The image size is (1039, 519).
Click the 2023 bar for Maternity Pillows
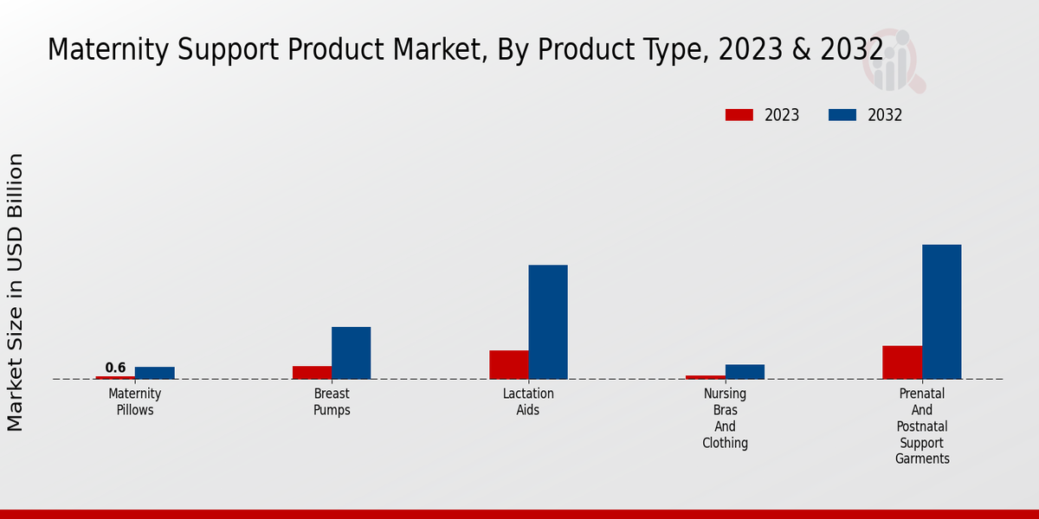(x=115, y=377)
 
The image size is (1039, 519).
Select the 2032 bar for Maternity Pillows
(x=154, y=373)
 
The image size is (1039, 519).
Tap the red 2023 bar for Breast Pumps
(x=312, y=372)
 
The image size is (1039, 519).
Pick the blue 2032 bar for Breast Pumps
(x=351, y=353)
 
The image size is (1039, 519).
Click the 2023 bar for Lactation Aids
(x=508, y=364)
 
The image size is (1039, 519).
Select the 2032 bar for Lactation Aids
(x=548, y=322)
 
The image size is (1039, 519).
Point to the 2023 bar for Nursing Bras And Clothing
(x=705, y=377)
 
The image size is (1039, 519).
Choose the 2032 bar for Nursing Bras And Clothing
(x=745, y=371)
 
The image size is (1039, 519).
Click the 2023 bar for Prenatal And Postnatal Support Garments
(x=902, y=362)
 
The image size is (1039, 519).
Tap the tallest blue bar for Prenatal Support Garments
(x=941, y=311)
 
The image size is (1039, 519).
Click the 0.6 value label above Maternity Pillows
(x=115, y=368)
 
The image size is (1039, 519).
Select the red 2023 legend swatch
(x=739, y=115)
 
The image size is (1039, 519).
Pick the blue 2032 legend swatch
(x=842, y=115)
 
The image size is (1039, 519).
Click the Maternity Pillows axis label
(x=135, y=401)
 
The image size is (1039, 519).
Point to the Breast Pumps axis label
(x=332, y=401)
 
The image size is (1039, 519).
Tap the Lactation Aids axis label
(x=528, y=401)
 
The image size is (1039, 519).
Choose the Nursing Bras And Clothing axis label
(x=725, y=418)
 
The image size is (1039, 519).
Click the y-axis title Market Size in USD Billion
(x=16, y=292)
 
